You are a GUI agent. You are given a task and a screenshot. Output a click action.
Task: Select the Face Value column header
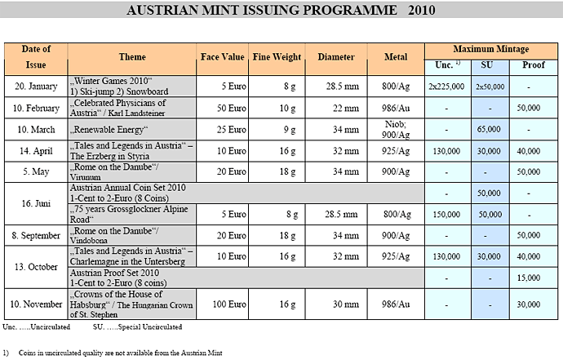pos(222,57)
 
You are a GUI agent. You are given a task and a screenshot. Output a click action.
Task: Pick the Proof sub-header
pos(534,64)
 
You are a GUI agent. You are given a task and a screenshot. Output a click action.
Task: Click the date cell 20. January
pos(35,85)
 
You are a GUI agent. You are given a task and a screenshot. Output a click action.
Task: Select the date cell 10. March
pos(35,130)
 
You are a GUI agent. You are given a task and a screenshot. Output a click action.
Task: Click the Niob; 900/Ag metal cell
pos(395,130)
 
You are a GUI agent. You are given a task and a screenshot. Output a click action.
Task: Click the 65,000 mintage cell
pos(489,130)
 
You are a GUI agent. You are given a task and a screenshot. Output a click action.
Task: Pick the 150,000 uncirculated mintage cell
pos(446,213)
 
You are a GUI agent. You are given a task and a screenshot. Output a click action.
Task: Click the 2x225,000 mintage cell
pos(446,85)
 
